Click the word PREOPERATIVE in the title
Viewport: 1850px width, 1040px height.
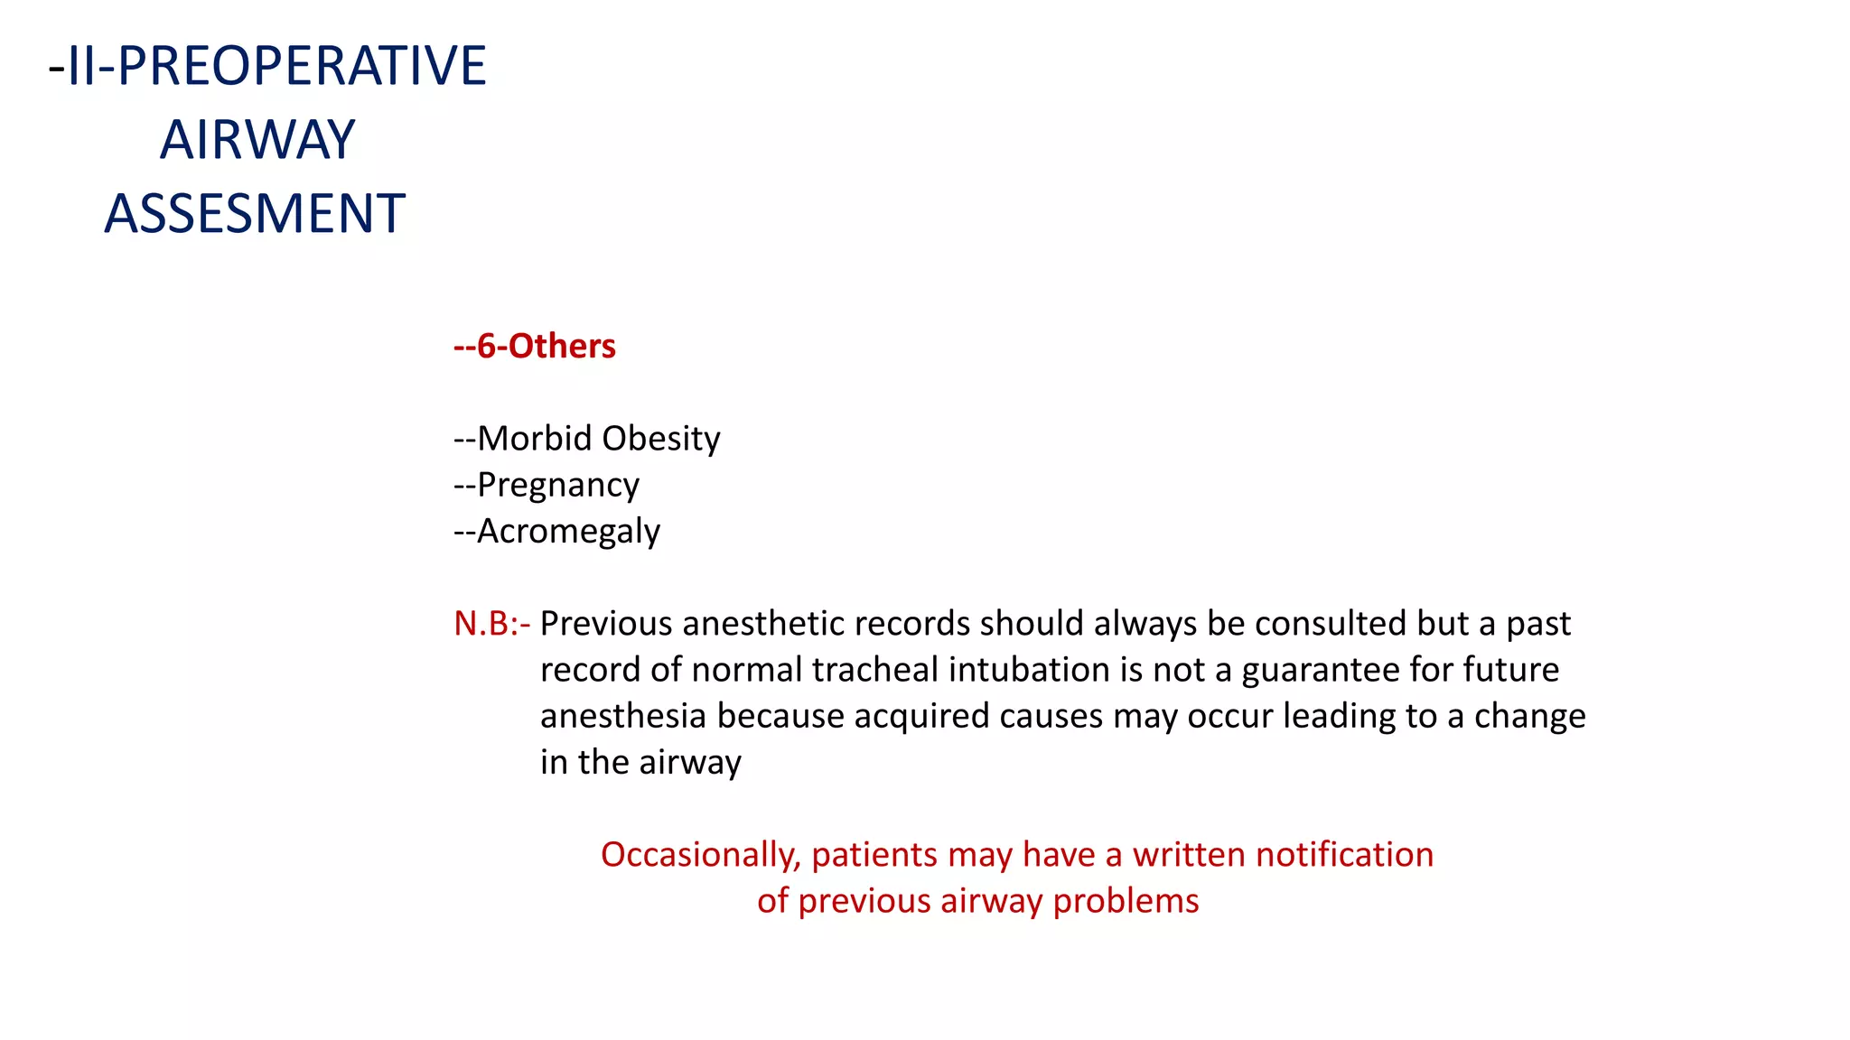(302, 66)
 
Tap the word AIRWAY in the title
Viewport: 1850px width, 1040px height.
(257, 140)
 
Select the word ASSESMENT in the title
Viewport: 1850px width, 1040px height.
(255, 214)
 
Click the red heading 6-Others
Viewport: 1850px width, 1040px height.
(546, 346)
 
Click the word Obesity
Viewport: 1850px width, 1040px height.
(661, 439)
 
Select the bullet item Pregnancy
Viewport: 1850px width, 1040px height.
(557, 485)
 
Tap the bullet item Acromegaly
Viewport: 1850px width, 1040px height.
(568, 531)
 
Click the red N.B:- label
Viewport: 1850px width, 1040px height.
(491, 623)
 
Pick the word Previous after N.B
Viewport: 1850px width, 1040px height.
(606, 623)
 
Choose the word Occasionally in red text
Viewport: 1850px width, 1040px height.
(700, 854)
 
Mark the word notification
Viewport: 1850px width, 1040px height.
(1344, 854)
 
